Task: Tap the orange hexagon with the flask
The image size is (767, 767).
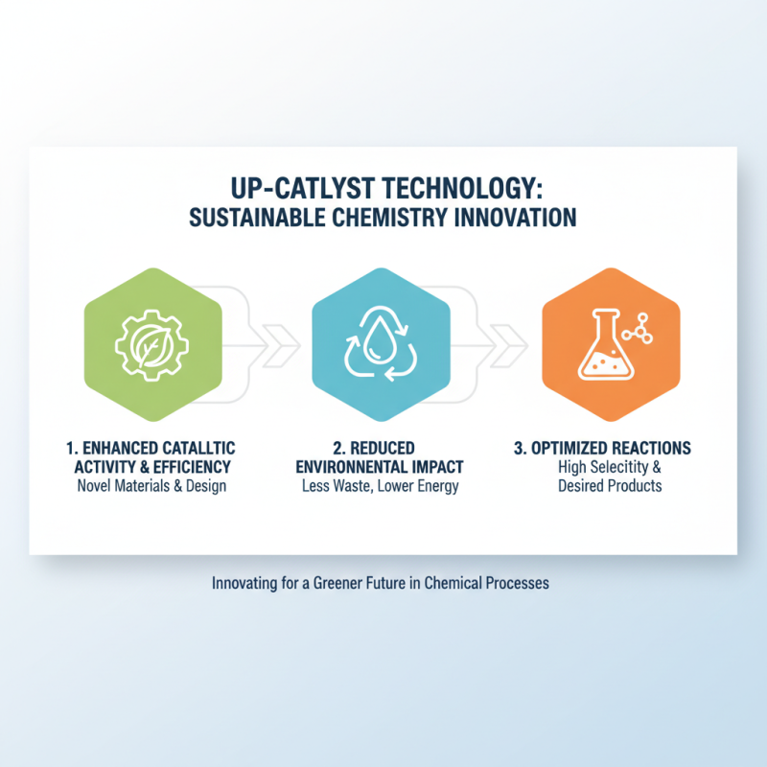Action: point(611,345)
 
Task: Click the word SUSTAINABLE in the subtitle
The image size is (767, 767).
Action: point(253,218)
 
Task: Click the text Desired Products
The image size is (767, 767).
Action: point(610,486)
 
